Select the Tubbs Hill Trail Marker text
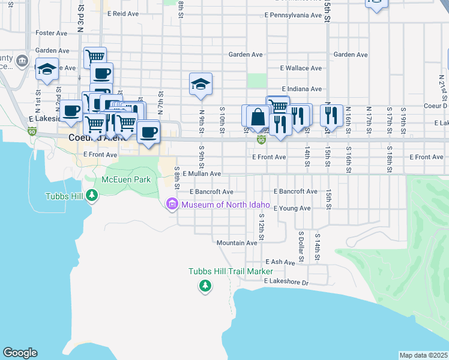(x=231, y=272)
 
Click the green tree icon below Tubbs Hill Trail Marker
(x=206, y=286)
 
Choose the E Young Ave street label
(x=292, y=208)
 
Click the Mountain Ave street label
(x=237, y=243)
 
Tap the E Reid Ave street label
(x=123, y=13)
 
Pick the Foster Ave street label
(x=53, y=32)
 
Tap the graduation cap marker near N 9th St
(x=200, y=84)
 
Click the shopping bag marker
(x=258, y=116)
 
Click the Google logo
(x=20, y=353)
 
